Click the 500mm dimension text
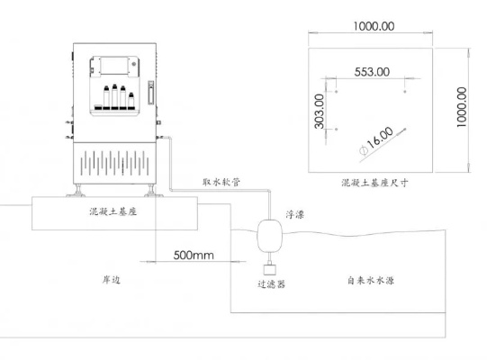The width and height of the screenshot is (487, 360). pos(194,256)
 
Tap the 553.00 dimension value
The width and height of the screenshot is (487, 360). pos(372,72)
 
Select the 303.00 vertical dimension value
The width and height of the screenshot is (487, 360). pos(320,112)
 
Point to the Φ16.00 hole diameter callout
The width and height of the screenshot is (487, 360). pos(376,140)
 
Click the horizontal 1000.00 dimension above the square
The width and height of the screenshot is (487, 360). pos(374,26)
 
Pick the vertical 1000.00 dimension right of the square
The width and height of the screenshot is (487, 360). pos(462,107)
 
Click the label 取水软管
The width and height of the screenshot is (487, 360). pos(221,182)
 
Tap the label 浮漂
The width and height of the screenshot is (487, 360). pos(294,214)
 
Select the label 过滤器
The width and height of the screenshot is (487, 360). pos(271,283)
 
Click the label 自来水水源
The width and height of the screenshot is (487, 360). pos(371,281)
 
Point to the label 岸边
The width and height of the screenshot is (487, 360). pos(112,280)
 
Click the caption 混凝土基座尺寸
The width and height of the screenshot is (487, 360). pos(374,183)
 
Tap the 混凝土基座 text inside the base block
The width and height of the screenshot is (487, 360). pos(113,211)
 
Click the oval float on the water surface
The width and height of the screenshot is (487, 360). pos(269,236)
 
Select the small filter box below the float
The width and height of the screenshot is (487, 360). pos(270,269)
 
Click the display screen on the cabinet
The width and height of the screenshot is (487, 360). pos(114,66)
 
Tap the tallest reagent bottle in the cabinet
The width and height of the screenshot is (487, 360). pos(114,96)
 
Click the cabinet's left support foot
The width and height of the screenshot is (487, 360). pos(77,191)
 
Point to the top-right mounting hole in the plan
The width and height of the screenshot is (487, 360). pos(405,92)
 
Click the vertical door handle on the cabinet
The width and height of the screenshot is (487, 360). pos(151,93)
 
